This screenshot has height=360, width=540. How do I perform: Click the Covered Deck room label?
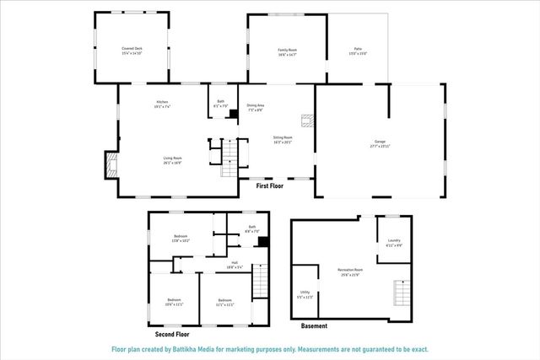[x=131, y=51]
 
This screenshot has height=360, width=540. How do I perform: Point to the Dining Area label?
[x=256, y=108]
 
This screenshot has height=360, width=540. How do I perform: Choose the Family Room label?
[x=288, y=52]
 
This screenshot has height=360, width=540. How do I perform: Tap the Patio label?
[x=358, y=52]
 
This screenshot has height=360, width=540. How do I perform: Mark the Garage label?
[x=380, y=143]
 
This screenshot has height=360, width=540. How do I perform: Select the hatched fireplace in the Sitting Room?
[x=310, y=120]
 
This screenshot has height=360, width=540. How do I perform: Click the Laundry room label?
[x=393, y=243]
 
